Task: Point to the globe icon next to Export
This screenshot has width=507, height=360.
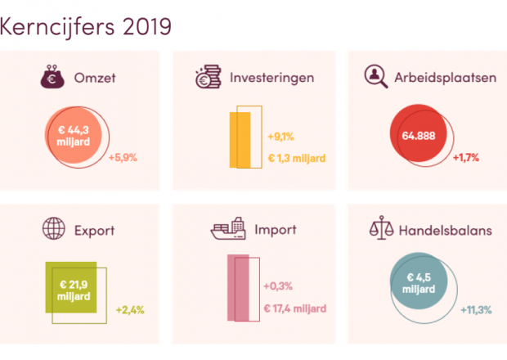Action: (53, 230)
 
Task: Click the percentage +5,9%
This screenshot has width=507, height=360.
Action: (123, 157)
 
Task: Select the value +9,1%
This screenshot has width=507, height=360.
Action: (280, 137)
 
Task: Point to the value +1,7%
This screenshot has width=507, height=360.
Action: (465, 157)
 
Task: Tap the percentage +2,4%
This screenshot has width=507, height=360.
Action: (130, 310)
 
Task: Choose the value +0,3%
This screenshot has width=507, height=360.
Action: (278, 286)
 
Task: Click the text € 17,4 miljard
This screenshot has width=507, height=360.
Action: (295, 308)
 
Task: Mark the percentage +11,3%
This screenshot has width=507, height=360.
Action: (475, 310)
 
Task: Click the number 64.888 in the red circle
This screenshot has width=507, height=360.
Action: (419, 136)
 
